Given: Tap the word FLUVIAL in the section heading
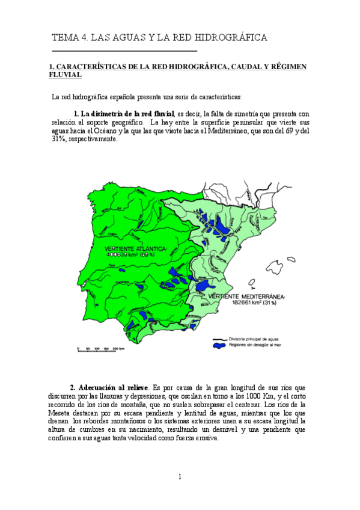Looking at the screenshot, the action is tap(64, 75).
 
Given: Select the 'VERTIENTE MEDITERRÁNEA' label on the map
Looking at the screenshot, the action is tap(247, 297).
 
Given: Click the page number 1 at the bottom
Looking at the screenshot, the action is tap(179, 477).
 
